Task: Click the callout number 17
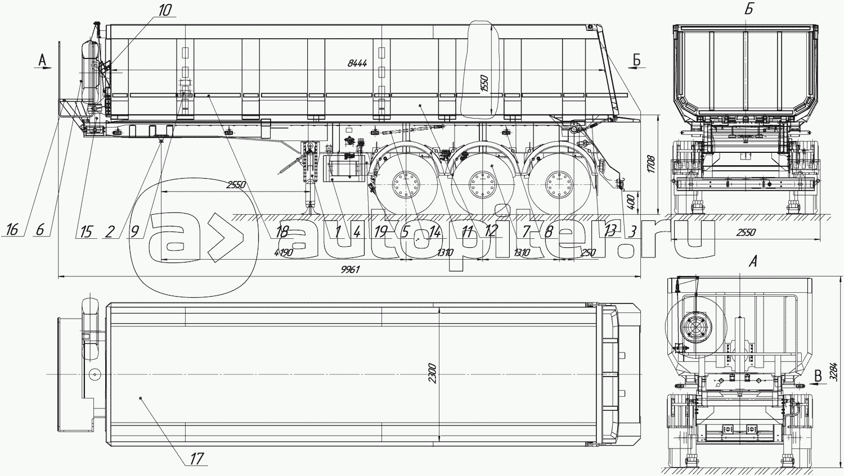[x=196, y=459]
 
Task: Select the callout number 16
[x=12, y=229]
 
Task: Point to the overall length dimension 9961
[x=350, y=269]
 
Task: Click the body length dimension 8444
[x=357, y=64]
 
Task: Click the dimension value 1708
[x=651, y=164]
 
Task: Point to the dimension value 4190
[x=283, y=253]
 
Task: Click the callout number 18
[x=282, y=230]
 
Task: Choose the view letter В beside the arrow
[x=819, y=376]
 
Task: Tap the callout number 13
[x=609, y=229]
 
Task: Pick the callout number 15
[x=86, y=230]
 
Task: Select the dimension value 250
[x=587, y=253]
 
